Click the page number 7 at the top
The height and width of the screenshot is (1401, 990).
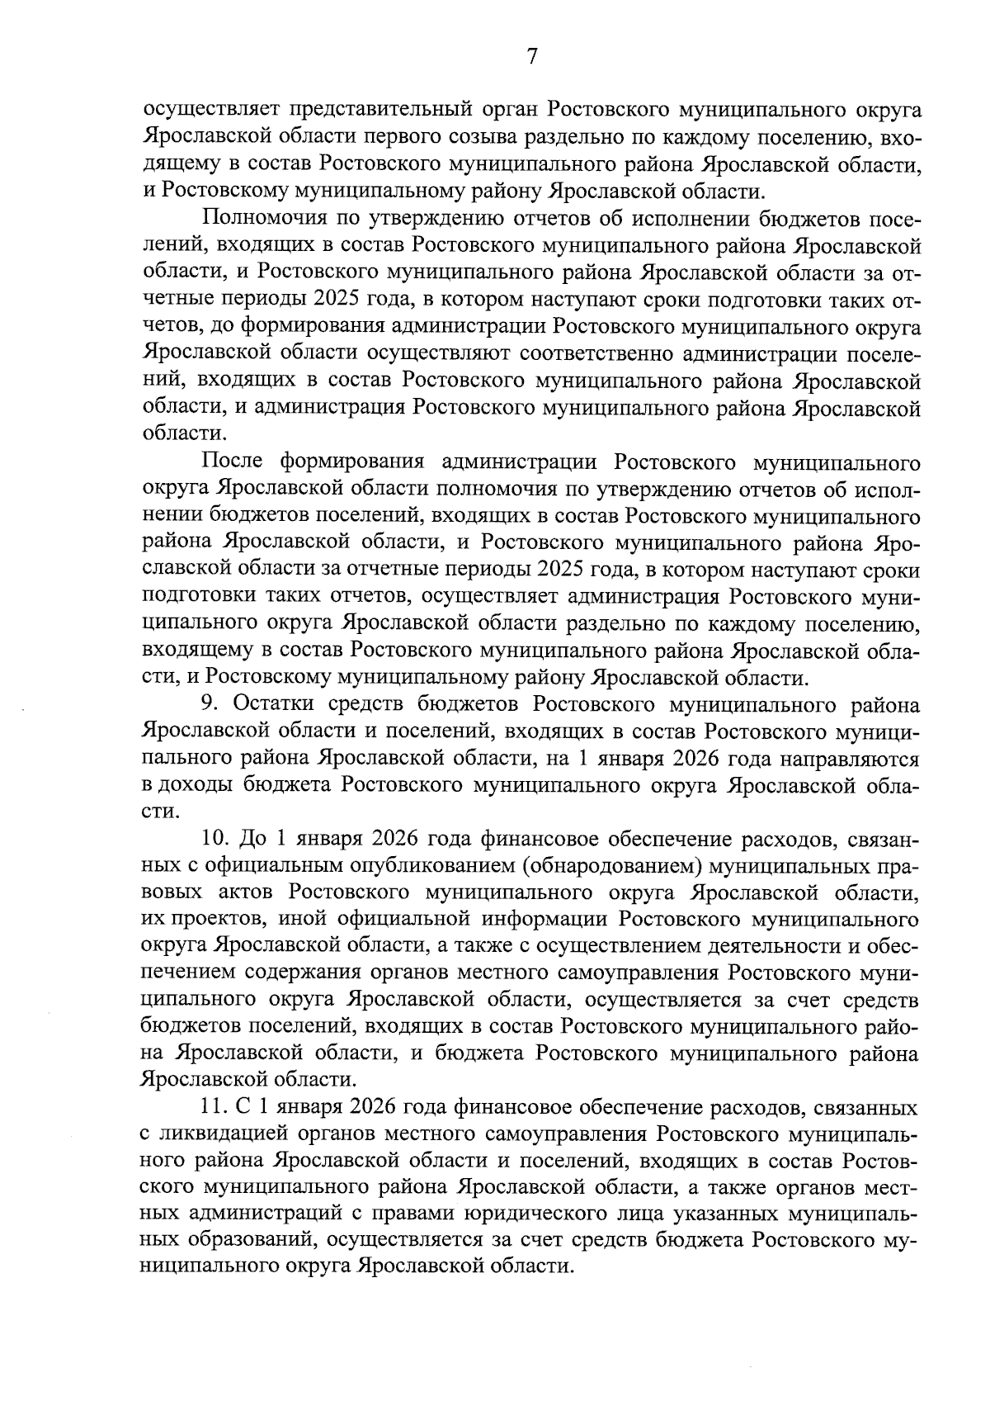(532, 56)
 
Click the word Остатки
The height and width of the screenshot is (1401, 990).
(273, 705)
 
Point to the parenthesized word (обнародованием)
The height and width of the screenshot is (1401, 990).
(607, 867)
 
